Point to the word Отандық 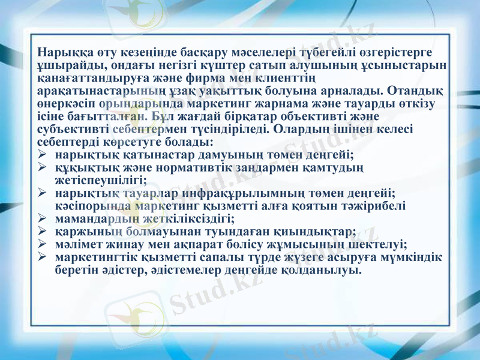(416, 91)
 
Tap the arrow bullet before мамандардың (42, 219)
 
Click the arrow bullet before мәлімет (42, 245)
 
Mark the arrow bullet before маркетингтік (42, 258)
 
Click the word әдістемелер (185, 271)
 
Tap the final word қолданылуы (323, 271)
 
